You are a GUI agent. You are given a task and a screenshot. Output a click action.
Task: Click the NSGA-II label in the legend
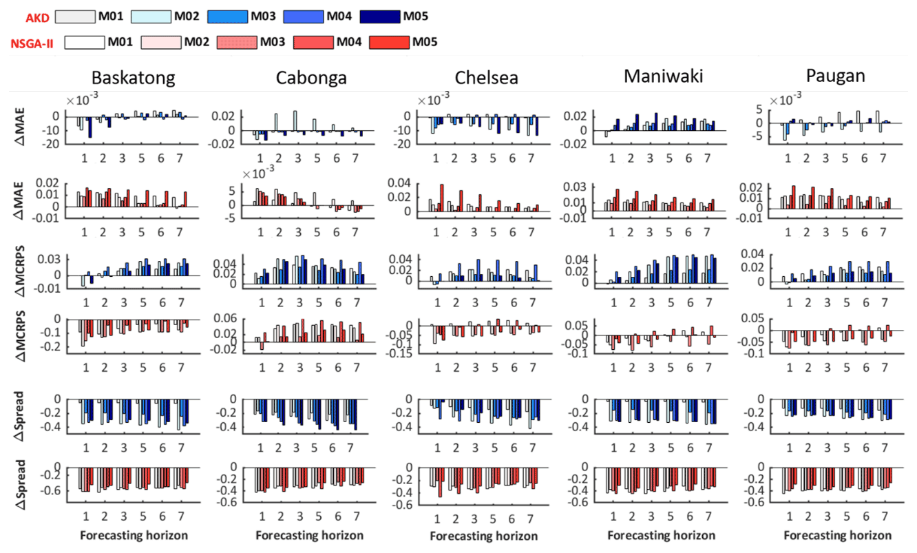tap(33, 43)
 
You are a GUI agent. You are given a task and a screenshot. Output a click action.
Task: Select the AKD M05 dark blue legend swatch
tap(382, 16)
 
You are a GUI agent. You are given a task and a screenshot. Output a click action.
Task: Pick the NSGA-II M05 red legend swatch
tap(390, 43)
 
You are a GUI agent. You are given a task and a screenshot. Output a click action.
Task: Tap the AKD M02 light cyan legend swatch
tap(151, 16)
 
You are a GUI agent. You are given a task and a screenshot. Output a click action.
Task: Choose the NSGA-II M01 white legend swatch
tap(85, 43)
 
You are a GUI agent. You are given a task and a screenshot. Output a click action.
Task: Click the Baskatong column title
tap(133, 77)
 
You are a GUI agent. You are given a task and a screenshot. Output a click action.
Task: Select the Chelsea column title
tap(486, 77)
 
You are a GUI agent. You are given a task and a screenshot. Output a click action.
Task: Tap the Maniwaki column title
tap(663, 76)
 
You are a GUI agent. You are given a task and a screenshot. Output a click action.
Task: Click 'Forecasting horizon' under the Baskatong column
tap(134, 535)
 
